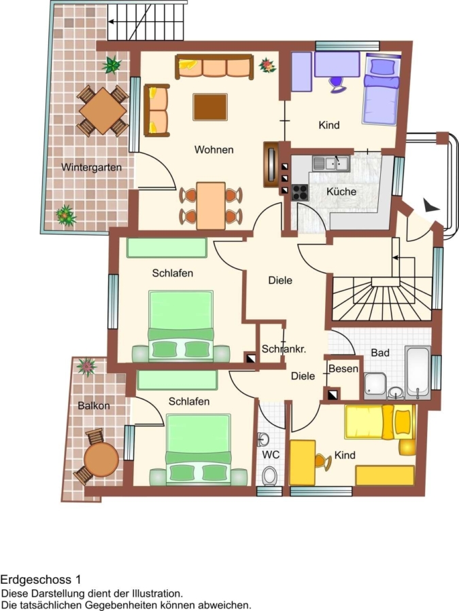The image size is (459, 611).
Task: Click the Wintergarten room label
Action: pos(91,168)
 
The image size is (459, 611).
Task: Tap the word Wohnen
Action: pos(214,149)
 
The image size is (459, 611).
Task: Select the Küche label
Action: pos(341,191)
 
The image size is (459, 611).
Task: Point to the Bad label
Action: pos(380,352)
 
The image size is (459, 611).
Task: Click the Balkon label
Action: pos(94,406)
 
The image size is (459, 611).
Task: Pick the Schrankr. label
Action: pos(284,349)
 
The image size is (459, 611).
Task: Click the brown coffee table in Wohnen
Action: pos(210,107)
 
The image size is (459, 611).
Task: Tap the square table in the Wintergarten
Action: pos(103,111)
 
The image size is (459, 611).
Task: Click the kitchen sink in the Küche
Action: pos(331,163)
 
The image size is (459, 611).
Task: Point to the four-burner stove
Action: pos(300,191)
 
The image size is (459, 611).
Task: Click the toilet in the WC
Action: pos(269,475)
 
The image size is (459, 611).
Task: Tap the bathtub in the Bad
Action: pos(418,372)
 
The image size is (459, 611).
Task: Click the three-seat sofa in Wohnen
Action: pos(214,67)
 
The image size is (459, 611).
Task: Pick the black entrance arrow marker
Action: pos(431,205)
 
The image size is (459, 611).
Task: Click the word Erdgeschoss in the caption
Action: pos(36,580)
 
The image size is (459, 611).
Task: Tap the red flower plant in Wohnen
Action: pos(267,65)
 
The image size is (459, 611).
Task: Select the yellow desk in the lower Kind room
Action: pos(303,463)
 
